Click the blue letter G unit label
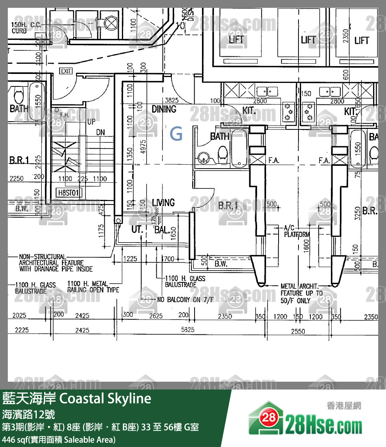(177, 135)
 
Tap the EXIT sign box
(66, 71)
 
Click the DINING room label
(164, 109)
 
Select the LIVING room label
(163, 203)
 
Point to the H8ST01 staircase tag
(69, 192)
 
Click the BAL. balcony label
(162, 230)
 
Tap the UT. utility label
(137, 229)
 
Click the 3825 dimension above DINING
(172, 100)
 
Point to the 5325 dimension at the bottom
(188, 330)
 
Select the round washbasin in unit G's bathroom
(203, 157)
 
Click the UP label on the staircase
(91, 122)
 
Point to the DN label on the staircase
(100, 133)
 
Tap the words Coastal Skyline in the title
(105, 399)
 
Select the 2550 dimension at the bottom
(298, 331)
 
